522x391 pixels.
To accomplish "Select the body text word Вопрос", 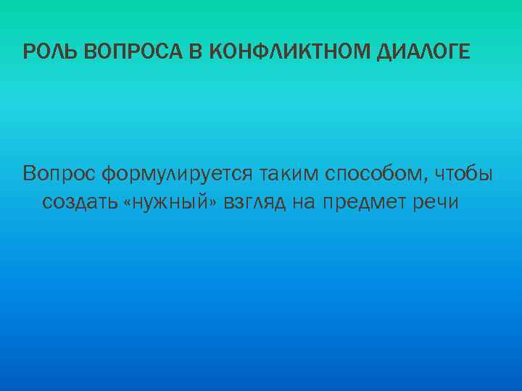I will (59, 175).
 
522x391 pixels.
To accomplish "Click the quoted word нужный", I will (175, 202).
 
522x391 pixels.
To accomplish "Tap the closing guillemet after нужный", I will (218, 203).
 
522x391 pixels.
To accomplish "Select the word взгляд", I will (259, 203).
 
